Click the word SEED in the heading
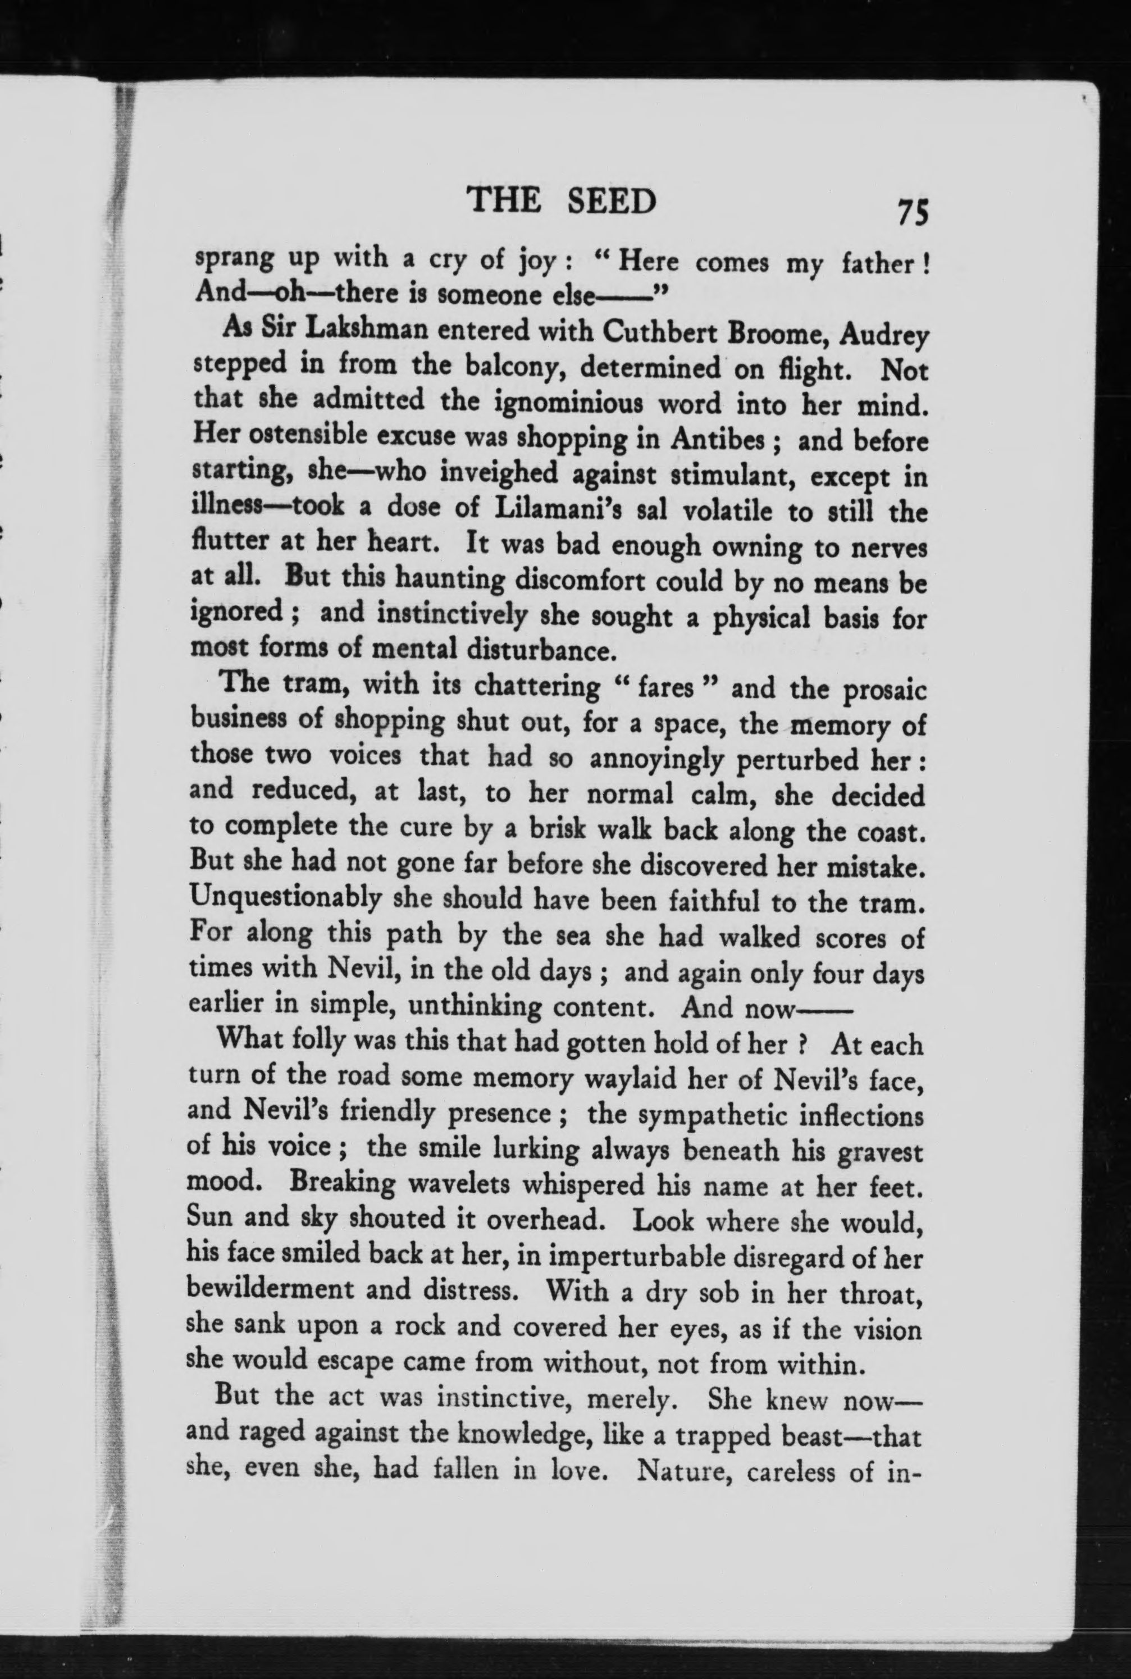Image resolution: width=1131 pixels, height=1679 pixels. [x=612, y=200]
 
